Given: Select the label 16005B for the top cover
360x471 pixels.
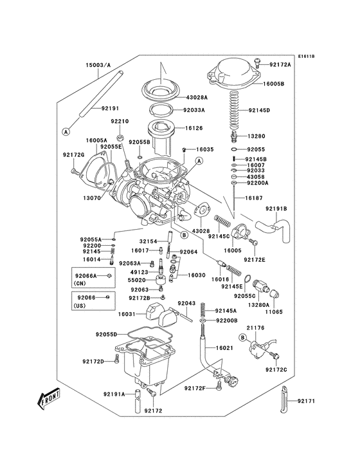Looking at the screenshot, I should click(x=279, y=84).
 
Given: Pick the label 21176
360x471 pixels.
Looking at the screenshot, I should click(x=255, y=328).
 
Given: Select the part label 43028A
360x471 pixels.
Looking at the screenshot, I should click(x=197, y=97).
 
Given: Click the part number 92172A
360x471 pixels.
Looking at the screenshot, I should click(x=280, y=64).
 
